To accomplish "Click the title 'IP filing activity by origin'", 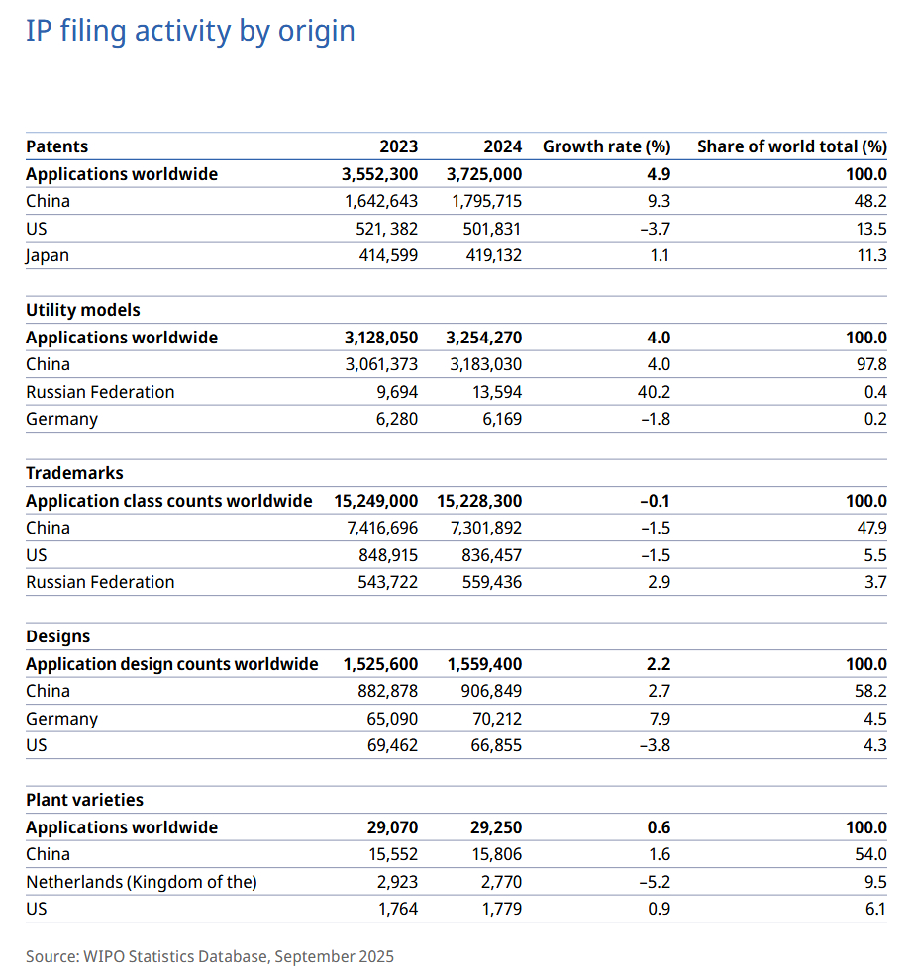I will (190, 31).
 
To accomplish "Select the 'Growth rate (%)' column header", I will (606, 146).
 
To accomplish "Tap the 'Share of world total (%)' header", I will (791, 146).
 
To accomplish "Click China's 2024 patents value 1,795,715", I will (485, 201).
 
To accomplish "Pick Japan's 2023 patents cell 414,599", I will (381, 255).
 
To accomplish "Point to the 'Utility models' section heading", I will (83, 310).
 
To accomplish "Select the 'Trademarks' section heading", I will (74, 473).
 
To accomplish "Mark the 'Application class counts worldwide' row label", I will (169, 501).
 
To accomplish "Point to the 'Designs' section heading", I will (57, 636).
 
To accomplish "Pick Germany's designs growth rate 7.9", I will (658, 719).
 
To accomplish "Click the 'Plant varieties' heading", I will (84, 800).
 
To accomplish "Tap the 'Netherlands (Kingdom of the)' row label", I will (142, 882).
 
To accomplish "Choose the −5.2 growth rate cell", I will (655, 882).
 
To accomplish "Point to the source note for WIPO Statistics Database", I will (210, 956).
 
